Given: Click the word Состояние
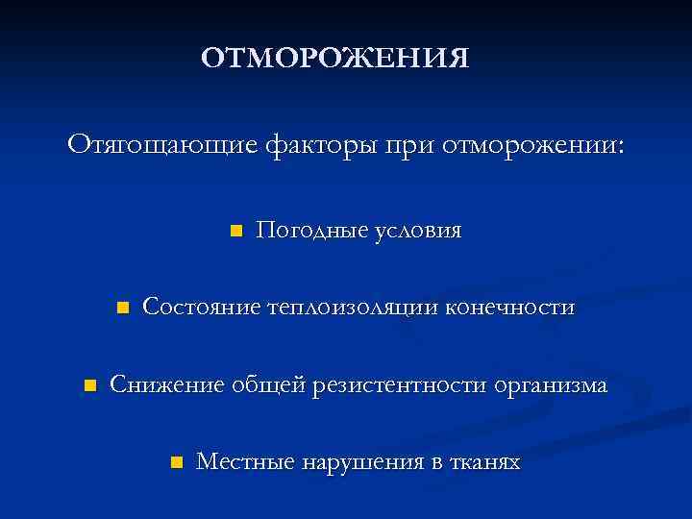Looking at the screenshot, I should point(202,308).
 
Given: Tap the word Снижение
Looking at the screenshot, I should point(167,385).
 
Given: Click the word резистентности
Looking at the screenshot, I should point(403,385).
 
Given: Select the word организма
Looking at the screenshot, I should point(551,385).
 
